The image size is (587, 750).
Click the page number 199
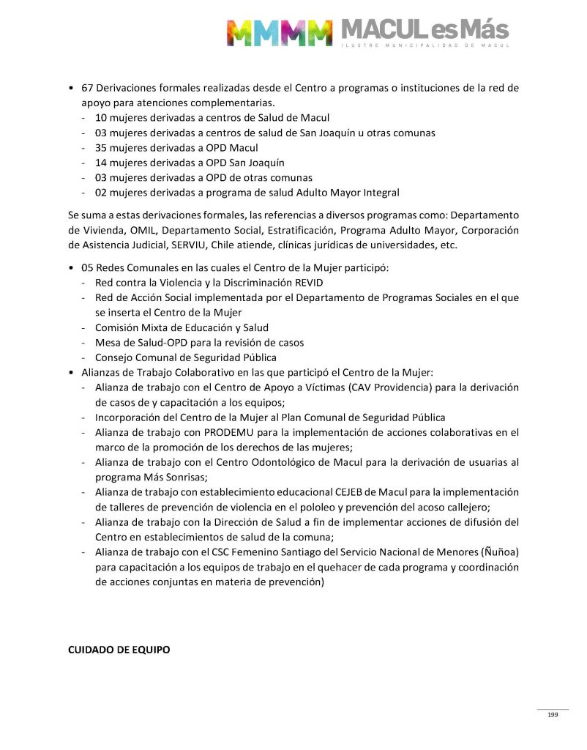(553, 715)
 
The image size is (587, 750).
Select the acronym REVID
(307, 283)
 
